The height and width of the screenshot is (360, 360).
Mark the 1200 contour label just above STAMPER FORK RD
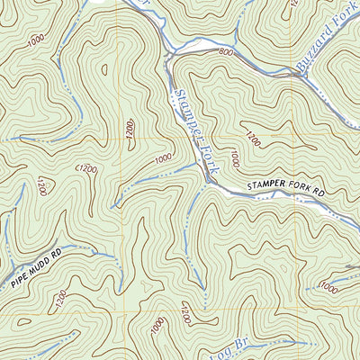coord(252,139)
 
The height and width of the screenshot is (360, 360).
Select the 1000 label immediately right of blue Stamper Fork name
coord(232,158)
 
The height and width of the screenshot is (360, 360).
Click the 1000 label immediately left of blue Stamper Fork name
coord(162,158)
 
